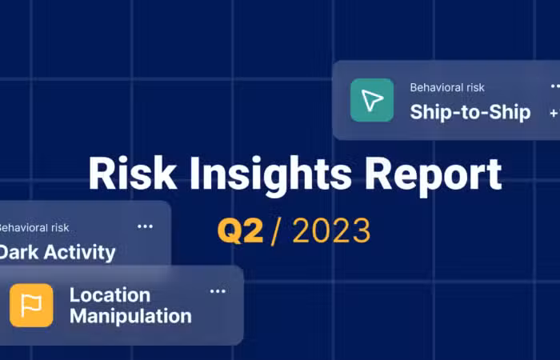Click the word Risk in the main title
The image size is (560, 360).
[133, 174]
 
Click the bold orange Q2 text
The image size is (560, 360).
[240, 231]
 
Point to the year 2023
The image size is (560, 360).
[331, 231]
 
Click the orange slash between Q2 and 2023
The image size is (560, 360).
[275, 231]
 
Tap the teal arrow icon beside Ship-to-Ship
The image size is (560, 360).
[372, 100]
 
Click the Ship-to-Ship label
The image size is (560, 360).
[470, 112]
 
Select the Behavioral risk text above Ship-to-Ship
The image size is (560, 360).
[447, 87]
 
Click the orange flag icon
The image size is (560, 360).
[31, 306]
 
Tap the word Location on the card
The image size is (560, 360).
[110, 295]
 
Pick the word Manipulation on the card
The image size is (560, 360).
[130, 316]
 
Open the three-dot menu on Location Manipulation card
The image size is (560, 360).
[218, 291]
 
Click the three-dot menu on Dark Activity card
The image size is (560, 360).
[145, 226]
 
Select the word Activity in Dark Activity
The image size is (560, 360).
[80, 253]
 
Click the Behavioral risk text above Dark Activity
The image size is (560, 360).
[34, 228]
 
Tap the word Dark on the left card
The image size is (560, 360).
[19, 252]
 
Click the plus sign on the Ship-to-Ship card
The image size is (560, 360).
[554, 114]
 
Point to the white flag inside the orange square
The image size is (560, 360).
[31, 306]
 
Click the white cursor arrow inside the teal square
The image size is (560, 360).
[372, 100]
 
